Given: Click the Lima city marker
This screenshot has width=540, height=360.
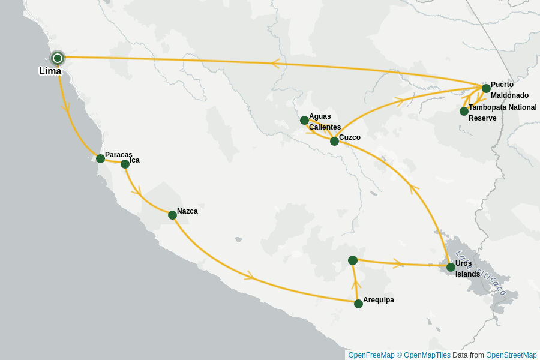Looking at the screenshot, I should (58, 58).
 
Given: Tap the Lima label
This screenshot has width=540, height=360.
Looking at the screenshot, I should (50, 71).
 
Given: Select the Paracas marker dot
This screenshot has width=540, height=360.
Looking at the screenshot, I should (100, 158).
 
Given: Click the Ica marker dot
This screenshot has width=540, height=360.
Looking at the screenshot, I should (125, 164).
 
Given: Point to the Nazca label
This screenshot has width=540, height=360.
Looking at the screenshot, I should (187, 211).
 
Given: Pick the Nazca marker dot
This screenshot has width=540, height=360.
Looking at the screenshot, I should (172, 215).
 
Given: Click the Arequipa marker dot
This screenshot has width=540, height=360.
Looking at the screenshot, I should (358, 304).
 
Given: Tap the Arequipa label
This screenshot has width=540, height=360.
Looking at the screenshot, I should (379, 300).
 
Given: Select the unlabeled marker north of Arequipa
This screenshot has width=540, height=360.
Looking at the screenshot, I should (353, 260).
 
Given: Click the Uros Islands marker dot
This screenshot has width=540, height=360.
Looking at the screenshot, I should (451, 267).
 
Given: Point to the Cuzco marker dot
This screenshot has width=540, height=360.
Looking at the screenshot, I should (334, 141).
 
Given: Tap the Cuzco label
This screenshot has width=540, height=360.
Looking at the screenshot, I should (350, 137).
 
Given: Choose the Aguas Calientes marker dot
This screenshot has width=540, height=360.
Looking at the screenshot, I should (304, 120).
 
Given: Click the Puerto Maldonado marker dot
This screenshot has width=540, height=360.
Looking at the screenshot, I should (486, 88).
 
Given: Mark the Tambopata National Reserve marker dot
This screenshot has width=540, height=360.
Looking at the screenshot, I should (464, 111).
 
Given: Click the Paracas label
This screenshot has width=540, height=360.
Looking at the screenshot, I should (118, 155).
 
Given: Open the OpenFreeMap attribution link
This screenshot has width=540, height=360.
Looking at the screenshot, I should (371, 355).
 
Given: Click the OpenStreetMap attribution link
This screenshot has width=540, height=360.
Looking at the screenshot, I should (511, 355).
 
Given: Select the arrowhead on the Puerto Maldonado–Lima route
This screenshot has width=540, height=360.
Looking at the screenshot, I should (275, 63).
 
